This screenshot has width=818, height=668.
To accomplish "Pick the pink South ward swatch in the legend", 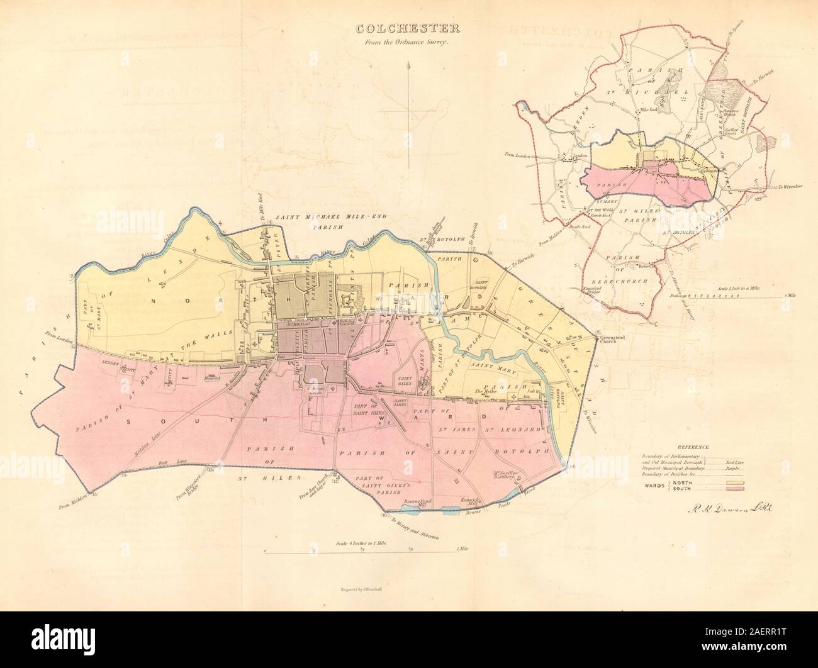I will pyautogui.click(x=736, y=488).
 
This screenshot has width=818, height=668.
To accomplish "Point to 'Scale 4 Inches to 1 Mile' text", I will pyautogui.click(x=362, y=542).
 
